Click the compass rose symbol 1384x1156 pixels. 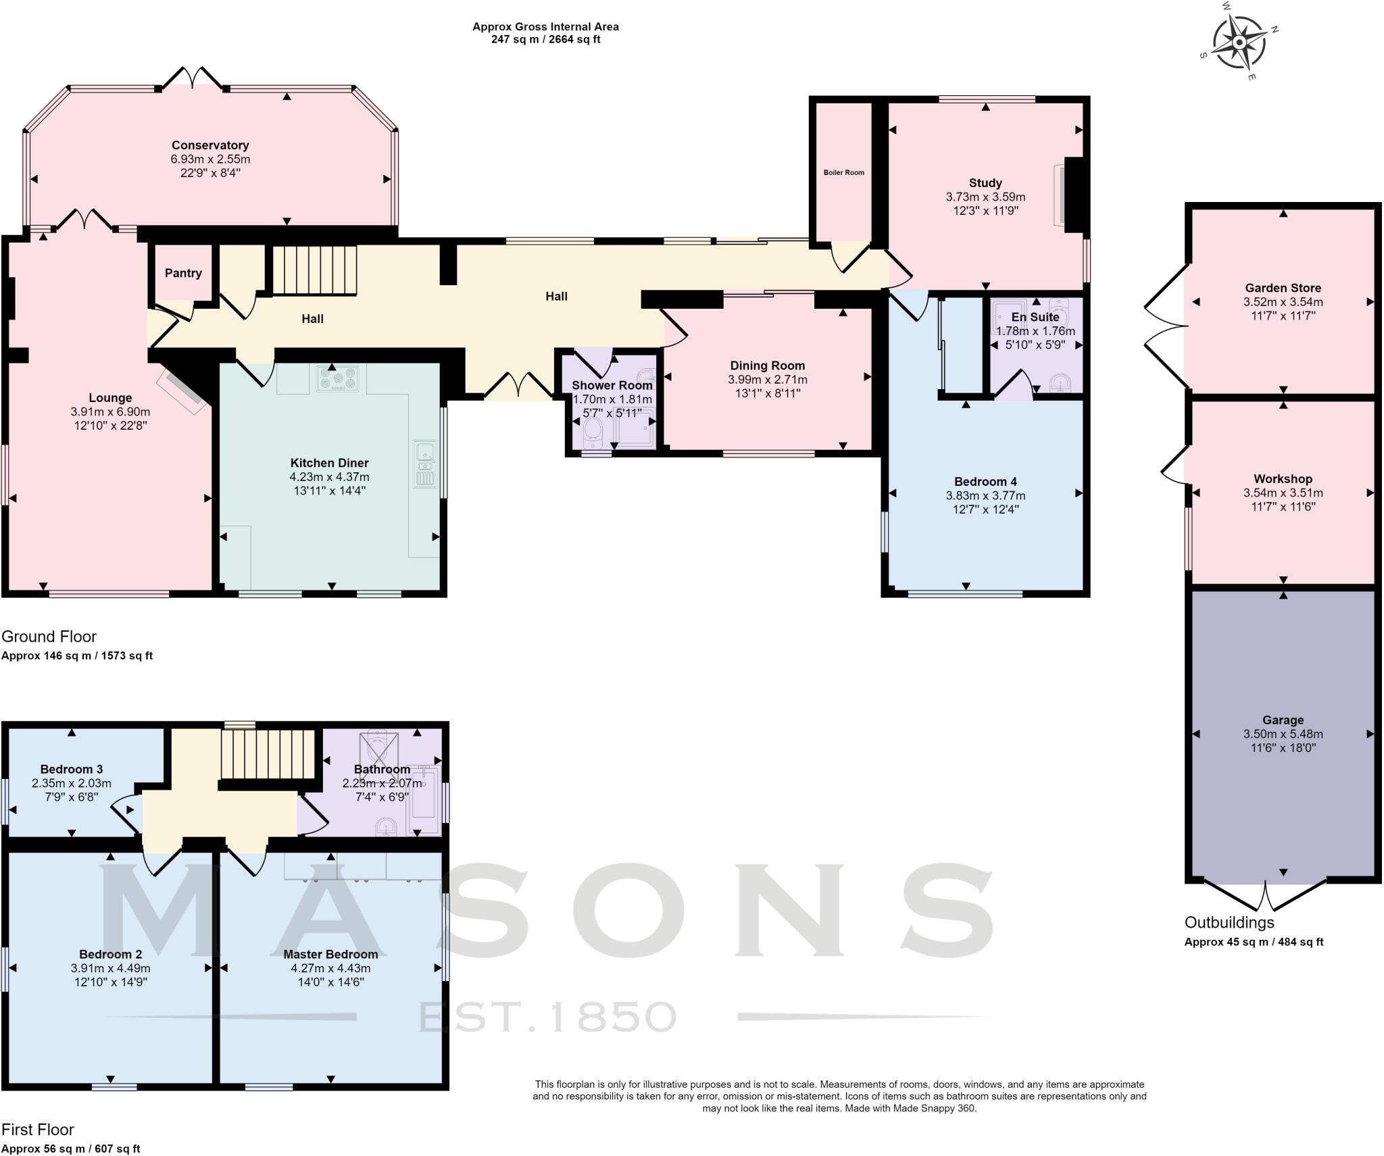(x=1239, y=43)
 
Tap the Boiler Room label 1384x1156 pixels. (x=843, y=172)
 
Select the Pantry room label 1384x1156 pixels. (x=183, y=273)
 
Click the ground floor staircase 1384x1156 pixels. (x=314, y=270)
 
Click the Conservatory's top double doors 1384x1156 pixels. (x=193, y=78)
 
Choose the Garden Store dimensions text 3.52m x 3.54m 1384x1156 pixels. (x=1283, y=302)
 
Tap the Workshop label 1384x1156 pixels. (x=1283, y=479)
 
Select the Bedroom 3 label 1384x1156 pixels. (x=72, y=769)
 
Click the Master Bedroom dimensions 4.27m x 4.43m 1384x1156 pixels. (x=330, y=968)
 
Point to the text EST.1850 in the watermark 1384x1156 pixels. (x=547, y=1017)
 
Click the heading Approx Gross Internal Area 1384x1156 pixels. (x=545, y=27)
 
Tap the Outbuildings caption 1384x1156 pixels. (x=1229, y=922)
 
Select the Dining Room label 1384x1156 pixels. (x=767, y=366)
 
